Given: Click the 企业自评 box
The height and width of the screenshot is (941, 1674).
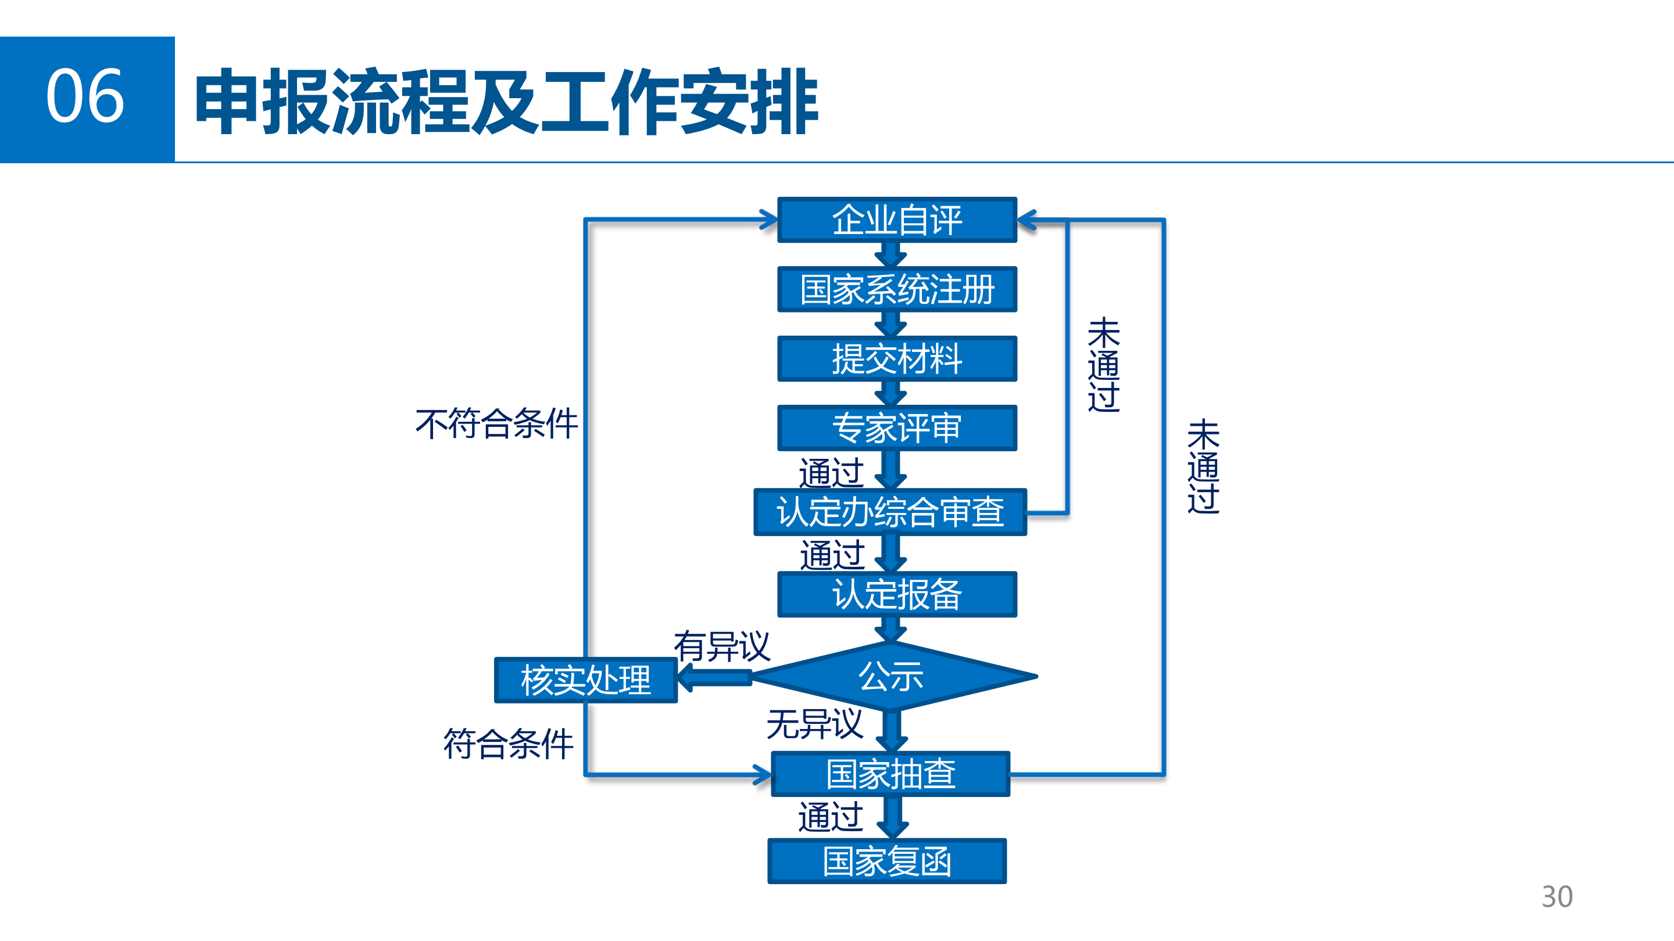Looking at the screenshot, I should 897,220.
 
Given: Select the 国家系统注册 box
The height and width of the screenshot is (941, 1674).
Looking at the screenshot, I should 897,289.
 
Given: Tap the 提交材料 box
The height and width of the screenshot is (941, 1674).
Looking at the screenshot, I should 897,358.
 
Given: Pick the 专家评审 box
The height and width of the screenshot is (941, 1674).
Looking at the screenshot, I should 897,428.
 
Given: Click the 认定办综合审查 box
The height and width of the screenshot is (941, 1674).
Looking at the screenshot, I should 890,512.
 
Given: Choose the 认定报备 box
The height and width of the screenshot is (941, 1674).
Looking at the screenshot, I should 897,594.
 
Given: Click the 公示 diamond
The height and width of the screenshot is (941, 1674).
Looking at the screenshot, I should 891,676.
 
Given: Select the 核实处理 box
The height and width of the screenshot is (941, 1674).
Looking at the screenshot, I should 585,680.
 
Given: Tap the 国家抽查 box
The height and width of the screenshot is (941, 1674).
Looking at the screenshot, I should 890,774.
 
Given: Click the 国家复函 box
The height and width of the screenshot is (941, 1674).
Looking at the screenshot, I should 887,861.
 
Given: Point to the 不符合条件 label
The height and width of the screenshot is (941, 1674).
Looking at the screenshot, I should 496,423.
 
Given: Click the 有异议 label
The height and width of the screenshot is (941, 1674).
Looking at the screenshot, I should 721,646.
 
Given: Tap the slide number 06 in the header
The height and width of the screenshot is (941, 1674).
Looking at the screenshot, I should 85,98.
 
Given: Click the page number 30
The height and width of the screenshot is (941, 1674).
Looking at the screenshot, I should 1557,897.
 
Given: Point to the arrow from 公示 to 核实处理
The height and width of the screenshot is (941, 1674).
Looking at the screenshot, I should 715,678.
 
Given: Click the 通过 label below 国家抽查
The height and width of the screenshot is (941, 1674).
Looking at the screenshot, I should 831,816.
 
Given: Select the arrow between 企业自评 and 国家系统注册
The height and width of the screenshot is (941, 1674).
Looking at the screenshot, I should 890,254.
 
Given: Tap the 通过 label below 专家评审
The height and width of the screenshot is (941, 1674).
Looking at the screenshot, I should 831,472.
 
